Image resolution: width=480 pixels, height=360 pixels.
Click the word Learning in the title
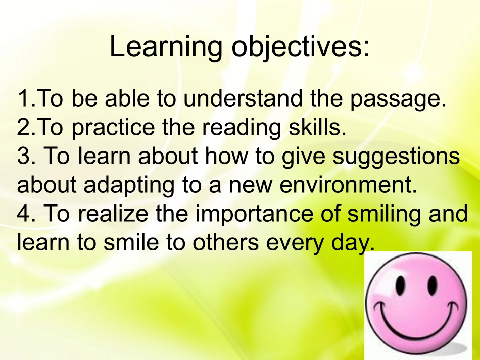[166, 47]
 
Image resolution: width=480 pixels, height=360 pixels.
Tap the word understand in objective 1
[242, 99]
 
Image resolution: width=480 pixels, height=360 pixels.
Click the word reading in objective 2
[242, 128]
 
